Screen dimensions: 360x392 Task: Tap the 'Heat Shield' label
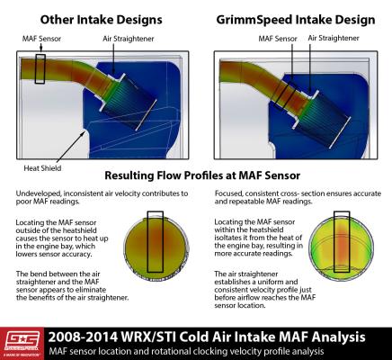[42, 167]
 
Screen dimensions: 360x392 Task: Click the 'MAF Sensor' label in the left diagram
[40, 39]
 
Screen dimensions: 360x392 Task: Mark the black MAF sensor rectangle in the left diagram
[40, 68]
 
